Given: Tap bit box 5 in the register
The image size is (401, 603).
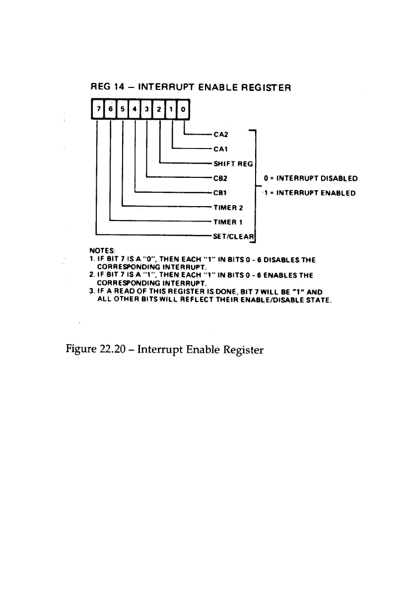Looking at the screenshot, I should click(122, 109).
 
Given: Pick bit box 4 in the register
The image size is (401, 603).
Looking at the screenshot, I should click(134, 109).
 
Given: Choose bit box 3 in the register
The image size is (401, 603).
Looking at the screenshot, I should click(147, 109).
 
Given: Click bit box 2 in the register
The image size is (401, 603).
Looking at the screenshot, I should click(159, 109).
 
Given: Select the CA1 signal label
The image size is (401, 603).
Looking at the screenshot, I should click(220, 148).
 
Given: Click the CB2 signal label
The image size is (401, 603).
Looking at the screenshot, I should click(220, 177).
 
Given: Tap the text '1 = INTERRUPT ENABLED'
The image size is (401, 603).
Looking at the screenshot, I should click(309, 193).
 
